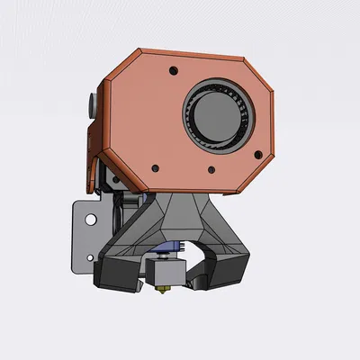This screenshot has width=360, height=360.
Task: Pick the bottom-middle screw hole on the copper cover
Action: (211, 168)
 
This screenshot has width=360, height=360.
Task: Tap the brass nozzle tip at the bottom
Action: (166, 292)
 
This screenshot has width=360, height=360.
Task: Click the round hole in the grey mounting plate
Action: (90, 219)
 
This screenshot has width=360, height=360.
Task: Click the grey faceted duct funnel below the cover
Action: (184, 220)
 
